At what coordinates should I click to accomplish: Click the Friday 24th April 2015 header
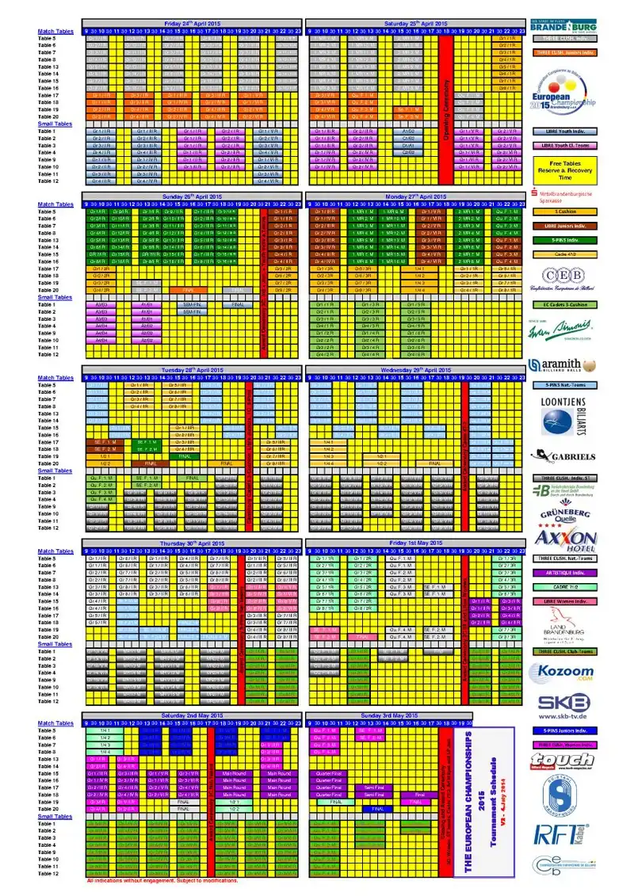[193, 24]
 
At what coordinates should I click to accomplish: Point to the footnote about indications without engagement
[162, 880]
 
